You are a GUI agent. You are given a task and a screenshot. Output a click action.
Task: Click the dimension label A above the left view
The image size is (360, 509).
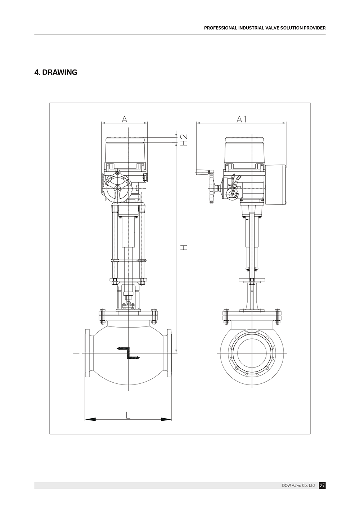(125, 119)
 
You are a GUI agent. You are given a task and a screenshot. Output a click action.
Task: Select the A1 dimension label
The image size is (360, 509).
(242, 119)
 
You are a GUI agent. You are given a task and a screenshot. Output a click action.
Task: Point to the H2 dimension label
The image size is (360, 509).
(184, 140)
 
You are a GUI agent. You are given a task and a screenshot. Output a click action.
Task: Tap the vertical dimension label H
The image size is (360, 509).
(184, 248)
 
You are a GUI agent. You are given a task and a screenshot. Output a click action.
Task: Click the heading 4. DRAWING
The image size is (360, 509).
(56, 72)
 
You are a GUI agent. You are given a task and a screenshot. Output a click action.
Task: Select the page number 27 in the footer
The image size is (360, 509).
(322, 485)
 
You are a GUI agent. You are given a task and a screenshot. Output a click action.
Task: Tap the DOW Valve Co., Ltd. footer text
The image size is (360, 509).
(298, 485)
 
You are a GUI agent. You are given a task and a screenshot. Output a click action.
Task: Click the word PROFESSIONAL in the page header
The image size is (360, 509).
(221, 28)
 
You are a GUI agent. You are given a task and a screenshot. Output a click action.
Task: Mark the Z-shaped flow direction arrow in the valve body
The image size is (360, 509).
(128, 353)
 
